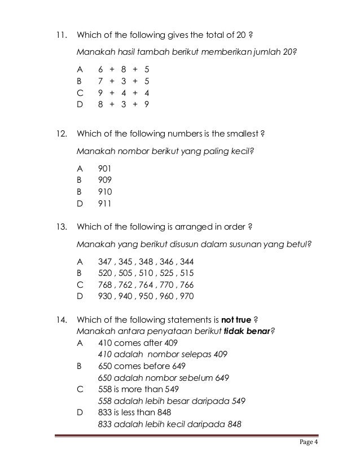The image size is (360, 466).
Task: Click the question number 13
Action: (x=58, y=228)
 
